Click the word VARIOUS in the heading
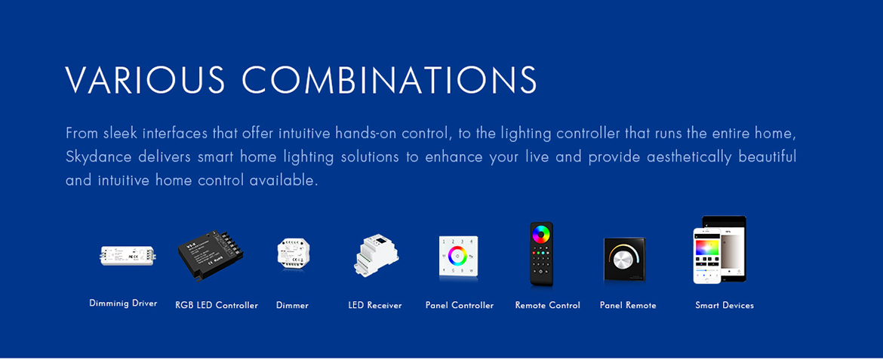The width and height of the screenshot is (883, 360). coord(146,80)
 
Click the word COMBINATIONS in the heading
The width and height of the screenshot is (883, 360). coord(389,80)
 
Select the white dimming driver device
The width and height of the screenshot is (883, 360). coord(128,255)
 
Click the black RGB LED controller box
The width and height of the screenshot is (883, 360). coord(210,255)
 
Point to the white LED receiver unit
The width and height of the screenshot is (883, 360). coord(376,254)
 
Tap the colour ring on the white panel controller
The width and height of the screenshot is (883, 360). coord(458,255)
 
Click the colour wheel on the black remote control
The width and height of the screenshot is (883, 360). coord(542,233)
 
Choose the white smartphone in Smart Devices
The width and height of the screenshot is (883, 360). coord(707,255)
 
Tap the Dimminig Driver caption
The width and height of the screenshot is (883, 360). coord(123,303)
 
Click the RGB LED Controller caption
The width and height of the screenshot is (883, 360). coord(217,306)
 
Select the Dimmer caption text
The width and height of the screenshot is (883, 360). coord(292,306)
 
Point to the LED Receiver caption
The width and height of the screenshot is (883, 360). coord(375,306)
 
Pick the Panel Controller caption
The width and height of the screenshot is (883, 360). coord(460,306)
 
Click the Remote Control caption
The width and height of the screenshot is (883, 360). coord(547,306)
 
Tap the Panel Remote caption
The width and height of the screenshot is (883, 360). coord(628,306)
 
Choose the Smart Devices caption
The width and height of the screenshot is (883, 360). coord(725,306)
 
